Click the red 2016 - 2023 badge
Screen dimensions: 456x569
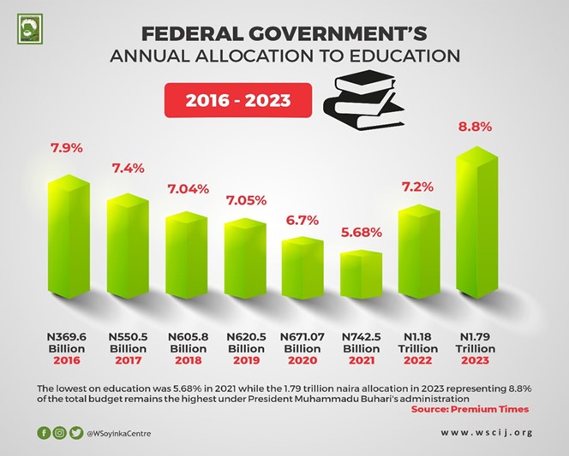tap(237, 100)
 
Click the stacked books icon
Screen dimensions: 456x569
tap(363, 104)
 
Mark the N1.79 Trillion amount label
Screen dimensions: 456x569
tap(476, 343)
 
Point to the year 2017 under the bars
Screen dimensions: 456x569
tap(127, 361)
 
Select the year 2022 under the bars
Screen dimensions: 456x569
tap(417, 361)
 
